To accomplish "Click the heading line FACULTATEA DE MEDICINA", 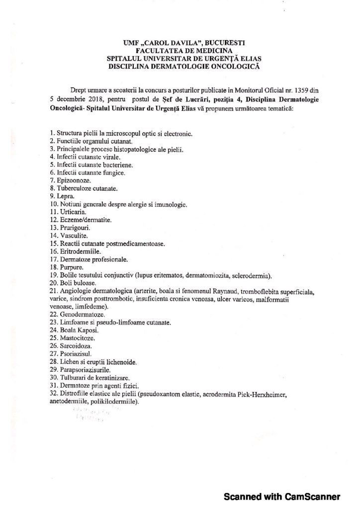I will [180, 51].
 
